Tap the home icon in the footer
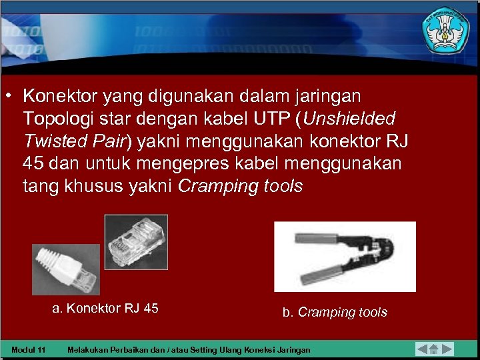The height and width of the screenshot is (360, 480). click(434, 349)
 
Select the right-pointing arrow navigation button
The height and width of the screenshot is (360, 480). click(447, 349)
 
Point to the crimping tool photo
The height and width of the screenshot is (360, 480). click(345, 257)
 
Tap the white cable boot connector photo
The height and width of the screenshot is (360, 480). click(66, 269)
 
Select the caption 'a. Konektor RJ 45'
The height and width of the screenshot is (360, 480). click(105, 308)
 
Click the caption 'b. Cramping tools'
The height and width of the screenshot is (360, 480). click(335, 312)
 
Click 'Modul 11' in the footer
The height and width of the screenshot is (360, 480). click(29, 350)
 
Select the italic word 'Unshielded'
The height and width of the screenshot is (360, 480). click(349, 119)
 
